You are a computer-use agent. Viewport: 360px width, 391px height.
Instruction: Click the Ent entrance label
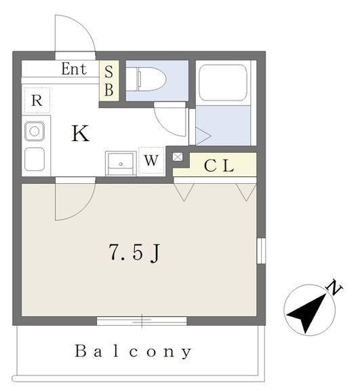[74, 69]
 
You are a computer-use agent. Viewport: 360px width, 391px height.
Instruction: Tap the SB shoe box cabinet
[109, 81]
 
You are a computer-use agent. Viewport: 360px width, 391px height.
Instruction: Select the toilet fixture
[146, 79]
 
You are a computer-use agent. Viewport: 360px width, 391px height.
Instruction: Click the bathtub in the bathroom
[223, 83]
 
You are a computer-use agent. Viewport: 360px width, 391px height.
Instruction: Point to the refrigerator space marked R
[37, 100]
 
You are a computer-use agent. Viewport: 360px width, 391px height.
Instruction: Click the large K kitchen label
[80, 134]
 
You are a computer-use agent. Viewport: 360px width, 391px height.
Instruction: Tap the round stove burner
[35, 131]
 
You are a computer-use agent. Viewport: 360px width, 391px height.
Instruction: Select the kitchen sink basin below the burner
[35, 159]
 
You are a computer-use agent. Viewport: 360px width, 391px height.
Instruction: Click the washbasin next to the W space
[121, 163]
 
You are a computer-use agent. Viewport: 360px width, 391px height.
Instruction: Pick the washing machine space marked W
[151, 160]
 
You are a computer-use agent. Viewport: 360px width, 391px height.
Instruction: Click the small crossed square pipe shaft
[178, 157]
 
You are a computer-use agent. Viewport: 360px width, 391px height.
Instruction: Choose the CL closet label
[219, 166]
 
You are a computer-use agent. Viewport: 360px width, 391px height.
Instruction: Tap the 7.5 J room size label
[134, 253]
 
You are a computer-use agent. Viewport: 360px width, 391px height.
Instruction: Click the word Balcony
[133, 352]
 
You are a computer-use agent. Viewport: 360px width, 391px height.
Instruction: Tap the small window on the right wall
[261, 250]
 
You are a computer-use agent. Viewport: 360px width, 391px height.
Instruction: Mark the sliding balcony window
[142, 321]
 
